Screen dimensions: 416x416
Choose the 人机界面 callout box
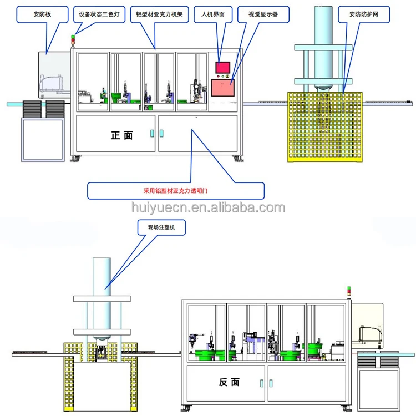[210, 13]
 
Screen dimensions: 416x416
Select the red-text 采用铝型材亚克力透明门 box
[176, 190]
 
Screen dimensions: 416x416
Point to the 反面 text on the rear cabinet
[229, 382]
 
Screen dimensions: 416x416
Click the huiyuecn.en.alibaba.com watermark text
[208, 208]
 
